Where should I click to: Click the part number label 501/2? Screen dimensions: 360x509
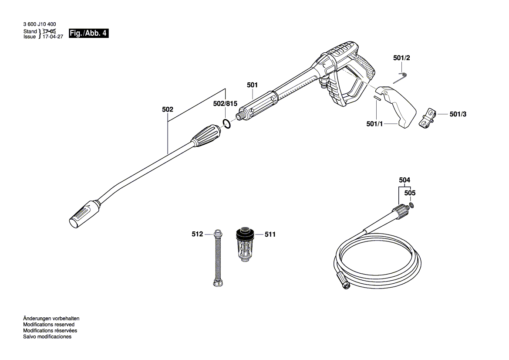[x=401, y=58]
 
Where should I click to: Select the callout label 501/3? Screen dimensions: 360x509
[x=458, y=114]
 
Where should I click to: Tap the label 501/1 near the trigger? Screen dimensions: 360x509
[x=375, y=124]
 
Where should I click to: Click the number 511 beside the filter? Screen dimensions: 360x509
[x=270, y=234]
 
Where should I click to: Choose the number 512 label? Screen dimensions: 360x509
[x=197, y=234]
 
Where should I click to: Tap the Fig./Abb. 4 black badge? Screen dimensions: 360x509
[x=88, y=34]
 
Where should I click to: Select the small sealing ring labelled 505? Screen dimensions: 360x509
[x=411, y=205]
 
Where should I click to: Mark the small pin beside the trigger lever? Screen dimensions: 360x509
[x=377, y=98]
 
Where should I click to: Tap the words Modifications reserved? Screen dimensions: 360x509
[x=48, y=325]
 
